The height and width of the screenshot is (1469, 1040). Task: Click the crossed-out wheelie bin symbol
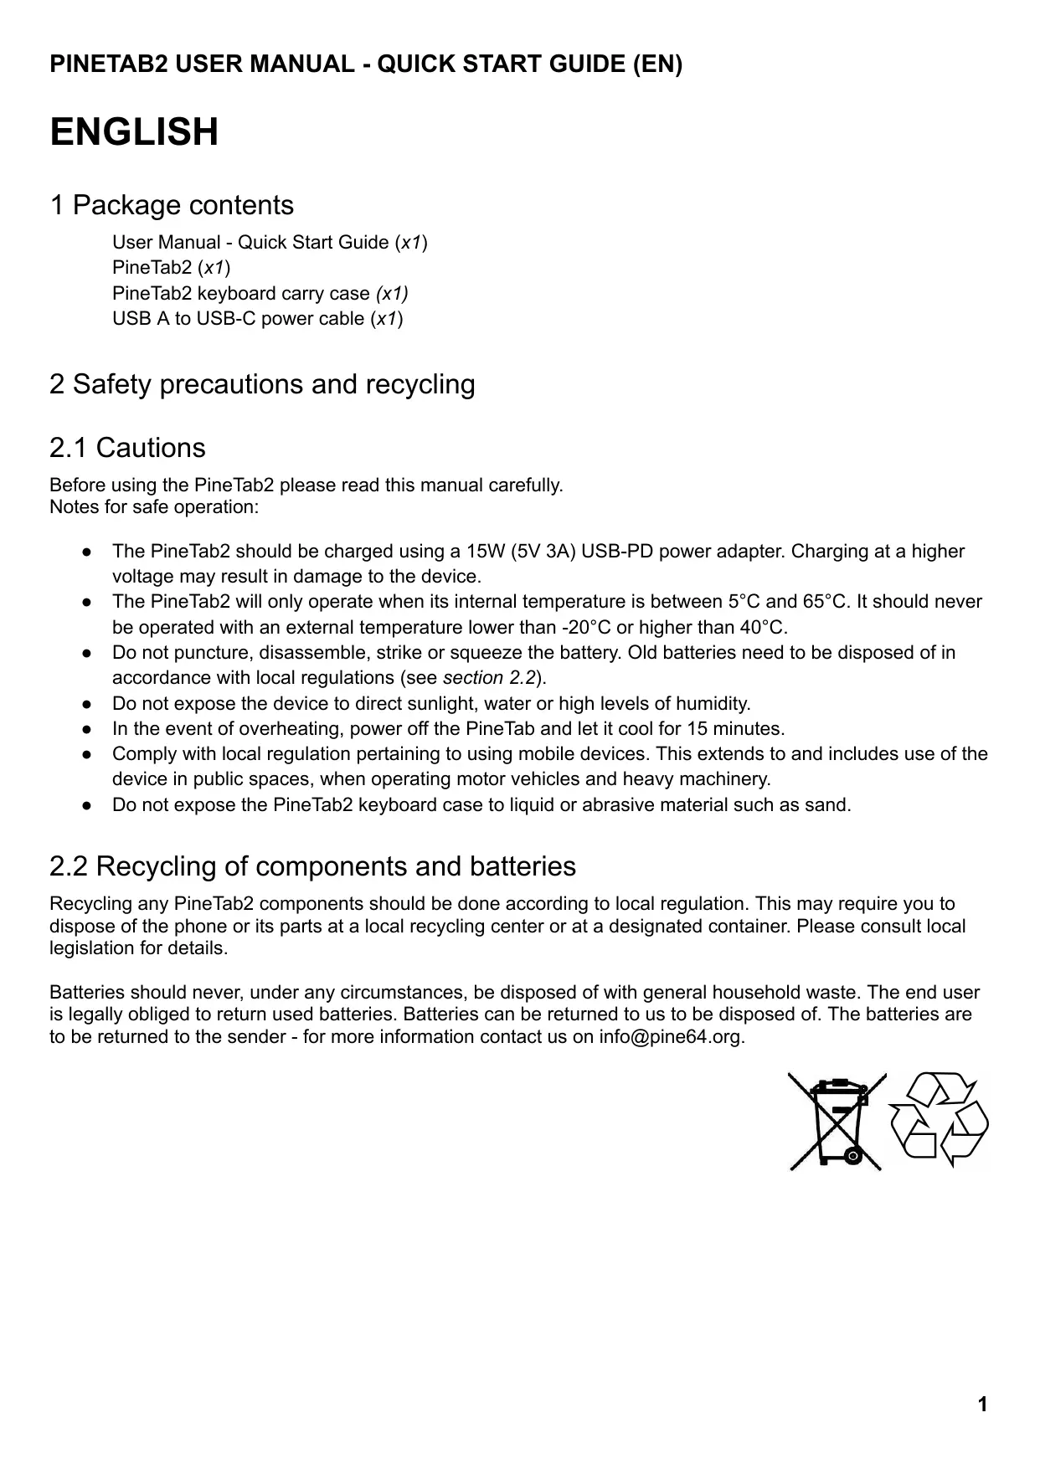point(836,1122)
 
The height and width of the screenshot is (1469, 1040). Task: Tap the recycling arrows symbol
point(940,1120)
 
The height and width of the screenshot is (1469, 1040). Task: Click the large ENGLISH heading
point(134,132)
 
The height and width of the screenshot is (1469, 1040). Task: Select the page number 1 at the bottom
point(982,1405)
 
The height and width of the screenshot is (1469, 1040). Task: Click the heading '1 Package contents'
point(172,205)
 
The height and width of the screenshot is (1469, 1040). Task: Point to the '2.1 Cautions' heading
point(127,448)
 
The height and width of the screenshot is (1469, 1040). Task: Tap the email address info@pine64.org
point(671,1037)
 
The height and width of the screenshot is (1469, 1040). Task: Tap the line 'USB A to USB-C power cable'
point(257,319)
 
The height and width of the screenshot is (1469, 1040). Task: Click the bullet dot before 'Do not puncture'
point(87,653)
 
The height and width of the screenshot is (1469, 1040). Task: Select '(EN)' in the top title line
point(657,64)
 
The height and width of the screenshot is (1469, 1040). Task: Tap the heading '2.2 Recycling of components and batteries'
point(312,866)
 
